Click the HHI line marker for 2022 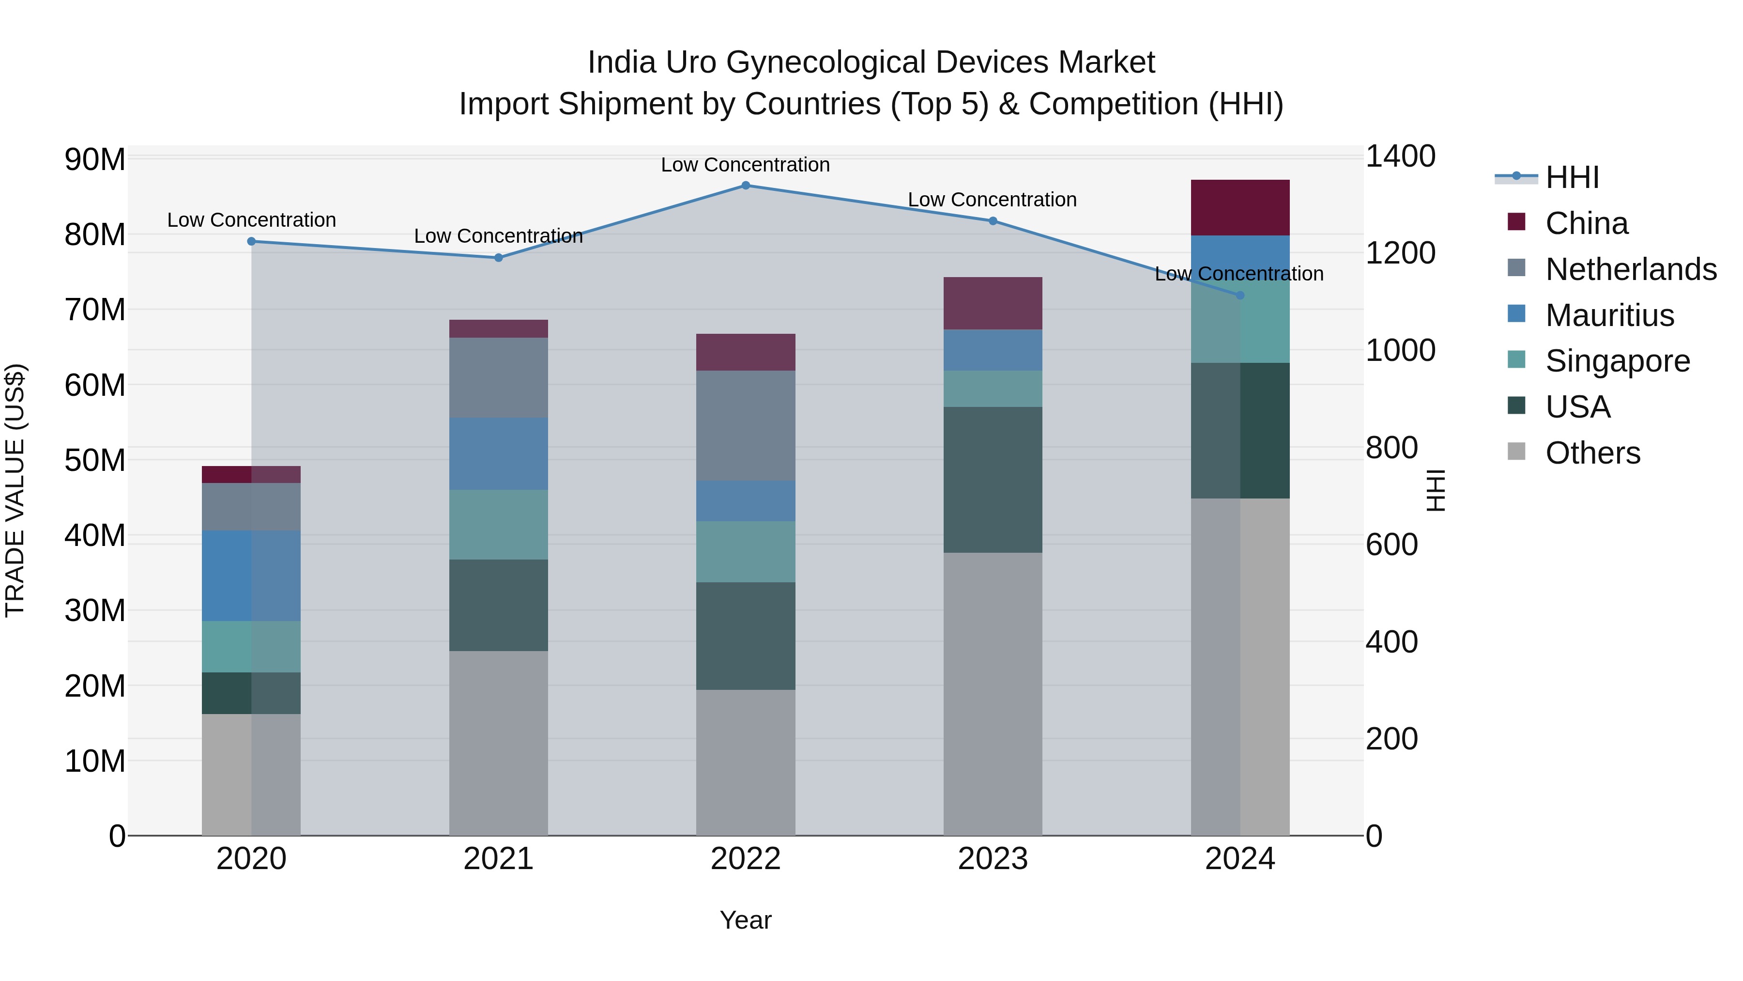pos(746,186)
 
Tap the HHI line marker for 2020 pos(252,242)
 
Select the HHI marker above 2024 pos(1240,296)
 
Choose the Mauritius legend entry pos(1609,315)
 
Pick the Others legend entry pos(1593,453)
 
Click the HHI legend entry pos(1572,177)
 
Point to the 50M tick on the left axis pos(95,461)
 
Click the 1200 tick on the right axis pos(1400,253)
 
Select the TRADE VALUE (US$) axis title pos(15,490)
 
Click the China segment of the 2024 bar pos(1240,208)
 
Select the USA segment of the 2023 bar pos(993,480)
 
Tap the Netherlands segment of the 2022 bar pos(746,426)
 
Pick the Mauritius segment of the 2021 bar pos(499,454)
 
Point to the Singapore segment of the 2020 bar pos(252,647)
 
